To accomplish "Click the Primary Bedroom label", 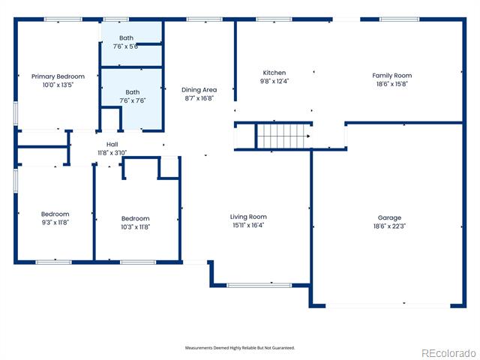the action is [x=58, y=76].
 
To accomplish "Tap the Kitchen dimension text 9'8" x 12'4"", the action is [x=274, y=81].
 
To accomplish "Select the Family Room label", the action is [x=391, y=76].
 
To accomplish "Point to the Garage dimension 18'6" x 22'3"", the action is [x=389, y=226].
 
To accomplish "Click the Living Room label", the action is [x=248, y=217].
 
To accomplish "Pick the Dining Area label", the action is [x=199, y=90].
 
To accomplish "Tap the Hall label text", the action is [x=112, y=144].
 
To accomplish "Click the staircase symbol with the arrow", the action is [x=283, y=136].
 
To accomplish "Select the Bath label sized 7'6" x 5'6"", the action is [x=126, y=38].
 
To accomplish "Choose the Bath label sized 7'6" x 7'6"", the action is [x=133, y=92].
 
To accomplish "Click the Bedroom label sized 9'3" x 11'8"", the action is [x=55, y=214].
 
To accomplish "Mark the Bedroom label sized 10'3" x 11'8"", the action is [x=135, y=218].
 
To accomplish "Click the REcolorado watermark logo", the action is [x=449, y=353].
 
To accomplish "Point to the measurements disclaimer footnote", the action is [x=240, y=348].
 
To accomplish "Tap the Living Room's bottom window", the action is [x=259, y=285].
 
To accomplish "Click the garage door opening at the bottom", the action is [x=388, y=305].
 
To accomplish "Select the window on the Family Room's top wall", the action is [x=400, y=19].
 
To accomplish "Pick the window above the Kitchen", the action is [x=274, y=19].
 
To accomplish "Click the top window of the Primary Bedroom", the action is [x=63, y=19].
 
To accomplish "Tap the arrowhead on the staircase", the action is [x=308, y=136].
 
